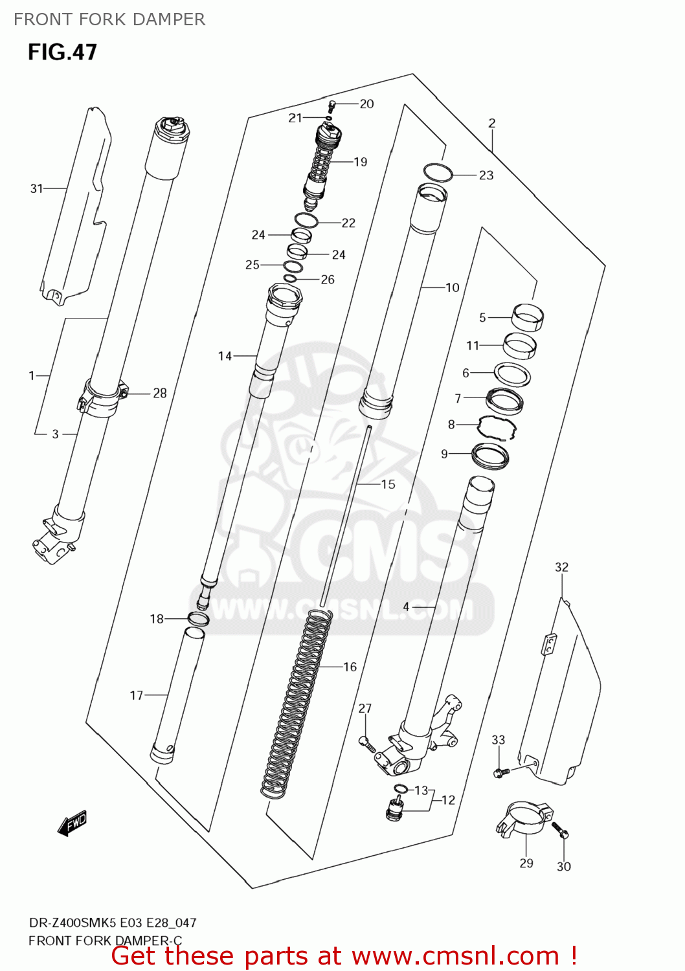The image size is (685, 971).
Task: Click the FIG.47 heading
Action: pyautogui.click(x=62, y=52)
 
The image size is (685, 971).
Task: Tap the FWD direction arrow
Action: pyautogui.click(x=72, y=823)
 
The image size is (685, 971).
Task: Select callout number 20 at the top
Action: pyautogui.click(x=366, y=104)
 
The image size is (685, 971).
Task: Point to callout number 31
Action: pyautogui.click(x=36, y=188)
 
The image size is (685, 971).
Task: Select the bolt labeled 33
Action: pyautogui.click(x=500, y=772)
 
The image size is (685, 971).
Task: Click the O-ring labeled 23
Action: pyautogui.click(x=438, y=172)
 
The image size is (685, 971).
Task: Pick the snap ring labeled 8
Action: pyautogui.click(x=497, y=427)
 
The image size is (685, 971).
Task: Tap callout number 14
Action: pyautogui.click(x=225, y=355)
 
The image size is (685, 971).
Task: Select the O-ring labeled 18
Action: pyautogui.click(x=198, y=619)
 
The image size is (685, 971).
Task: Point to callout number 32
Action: pyautogui.click(x=561, y=567)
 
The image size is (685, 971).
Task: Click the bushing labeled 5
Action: pyautogui.click(x=528, y=317)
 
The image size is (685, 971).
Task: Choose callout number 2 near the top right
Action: pyautogui.click(x=491, y=123)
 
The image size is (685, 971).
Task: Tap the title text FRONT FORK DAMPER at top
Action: pyautogui.click(x=109, y=19)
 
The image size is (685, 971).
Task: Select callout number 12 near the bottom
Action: pyautogui.click(x=448, y=800)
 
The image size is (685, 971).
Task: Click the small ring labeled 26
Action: pyautogui.click(x=290, y=278)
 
